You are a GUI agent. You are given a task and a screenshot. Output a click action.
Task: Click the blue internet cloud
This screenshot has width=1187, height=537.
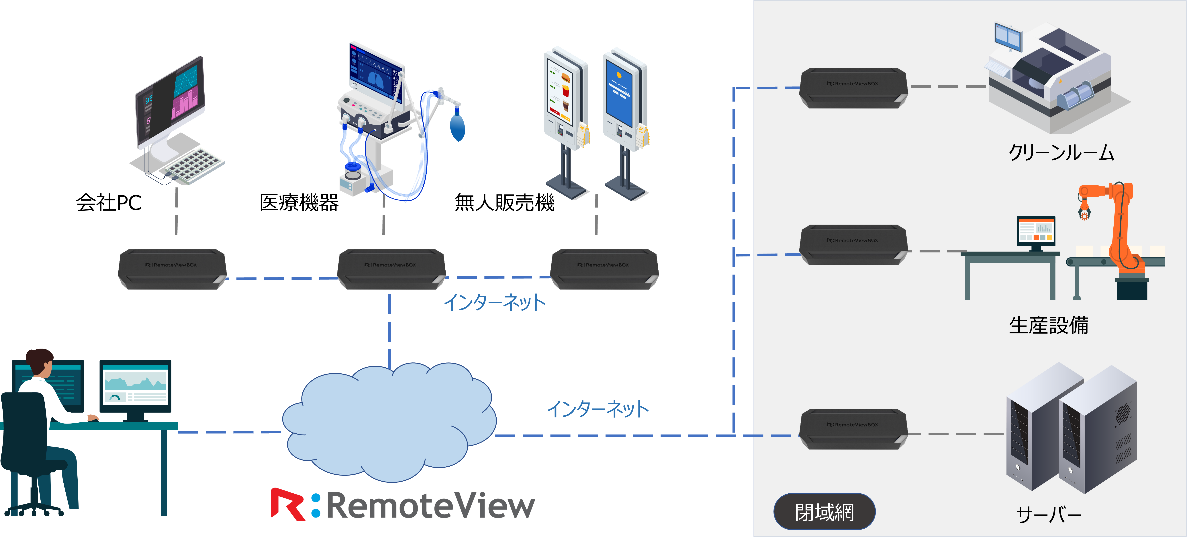389,422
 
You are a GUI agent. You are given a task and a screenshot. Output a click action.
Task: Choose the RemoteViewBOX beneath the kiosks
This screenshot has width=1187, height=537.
604,269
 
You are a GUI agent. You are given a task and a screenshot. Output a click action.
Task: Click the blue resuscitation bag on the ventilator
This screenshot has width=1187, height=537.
457,127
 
